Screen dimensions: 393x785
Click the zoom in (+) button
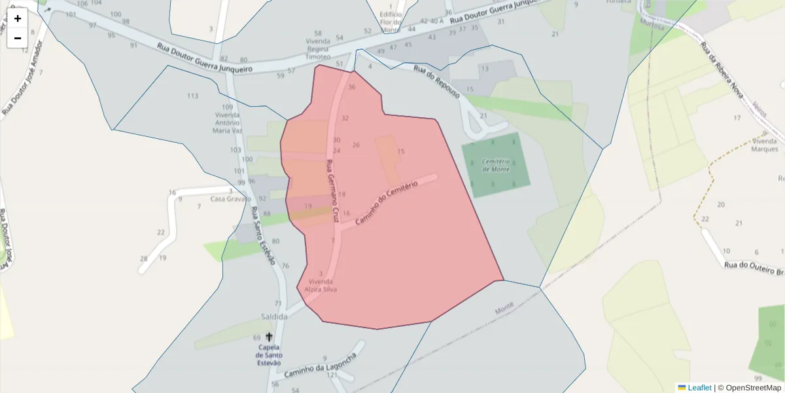(x=18, y=18)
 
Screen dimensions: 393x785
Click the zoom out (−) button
(x=18, y=38)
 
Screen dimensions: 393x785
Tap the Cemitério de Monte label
(x=495, y=164)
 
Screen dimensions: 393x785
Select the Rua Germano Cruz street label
(x=332, y=190)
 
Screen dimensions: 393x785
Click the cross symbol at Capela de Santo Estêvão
(x=269, y=337)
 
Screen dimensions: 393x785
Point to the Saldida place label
(x=274, y=316)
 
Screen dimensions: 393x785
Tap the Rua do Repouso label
(x=437, y=82)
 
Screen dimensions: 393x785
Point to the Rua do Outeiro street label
(x=753, y=268)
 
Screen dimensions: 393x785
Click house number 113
(x=192, y=96)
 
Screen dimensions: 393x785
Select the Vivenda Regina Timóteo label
(x=318, y=48)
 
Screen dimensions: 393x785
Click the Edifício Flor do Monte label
(x=391, y=22)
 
